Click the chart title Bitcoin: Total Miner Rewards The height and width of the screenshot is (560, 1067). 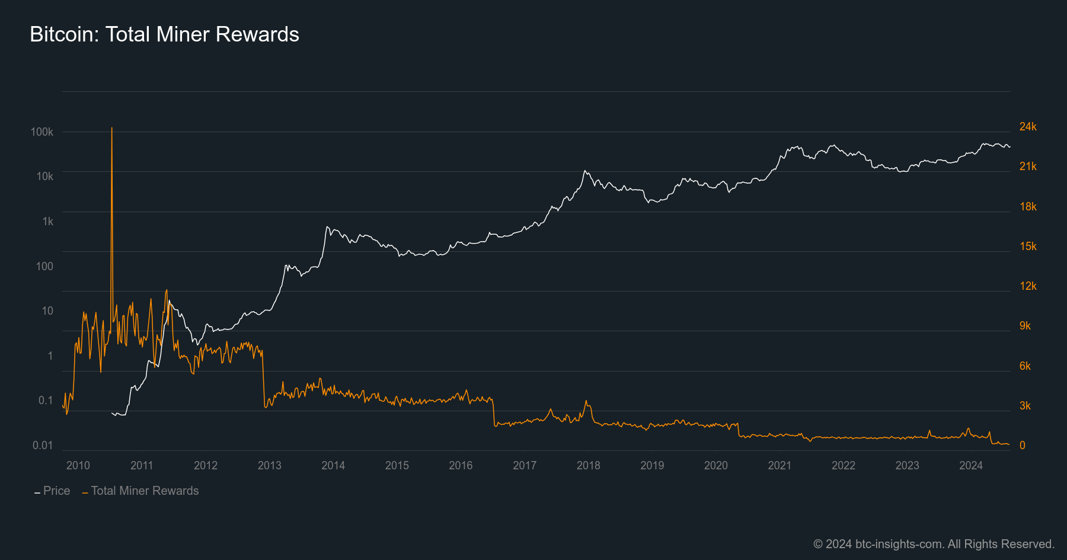click(x=164, y=34)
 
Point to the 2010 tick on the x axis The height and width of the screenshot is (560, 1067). click(x=78, y=465)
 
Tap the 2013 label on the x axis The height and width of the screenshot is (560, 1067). click(x=270, y=465)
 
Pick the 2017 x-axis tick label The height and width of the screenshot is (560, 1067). click(x=525, y=465)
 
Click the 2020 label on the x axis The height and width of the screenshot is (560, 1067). click(x=716, y=465)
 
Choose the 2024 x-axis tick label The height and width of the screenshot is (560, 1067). click(x=971, y=465)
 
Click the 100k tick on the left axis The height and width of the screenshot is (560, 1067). click(x=42, y=132)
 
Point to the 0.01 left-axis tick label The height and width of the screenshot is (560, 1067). click(x=43, y=445)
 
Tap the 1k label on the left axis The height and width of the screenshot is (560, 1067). click(x=47, y=221)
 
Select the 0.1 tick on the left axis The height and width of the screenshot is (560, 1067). click(x=46, y=400)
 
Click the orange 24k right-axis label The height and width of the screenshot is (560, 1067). click(x=1028, y=126)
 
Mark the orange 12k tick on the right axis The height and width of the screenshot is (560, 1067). click(x=1028, y=286)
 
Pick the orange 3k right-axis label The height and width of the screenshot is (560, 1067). click(x=1025, y=405)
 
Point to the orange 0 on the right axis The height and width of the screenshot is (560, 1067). click(x=1022, y=445)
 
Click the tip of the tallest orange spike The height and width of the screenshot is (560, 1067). click(x=111, y=128)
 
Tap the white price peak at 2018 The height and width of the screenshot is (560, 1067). click(x=585, y=171)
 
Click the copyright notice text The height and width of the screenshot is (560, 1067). click(x=934, y=544)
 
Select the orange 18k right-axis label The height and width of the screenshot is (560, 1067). click(x=1028, y=206)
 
